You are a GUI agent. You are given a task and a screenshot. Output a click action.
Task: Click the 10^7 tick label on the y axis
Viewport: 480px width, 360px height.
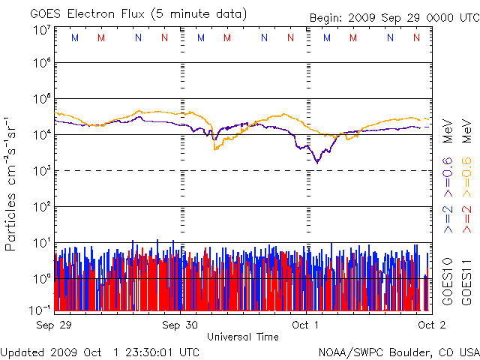[40, 31]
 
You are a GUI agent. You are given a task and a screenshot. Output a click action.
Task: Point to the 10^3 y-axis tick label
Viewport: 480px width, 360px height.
[40, 171]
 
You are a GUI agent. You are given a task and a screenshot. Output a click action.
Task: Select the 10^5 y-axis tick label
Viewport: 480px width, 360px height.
[40, 100]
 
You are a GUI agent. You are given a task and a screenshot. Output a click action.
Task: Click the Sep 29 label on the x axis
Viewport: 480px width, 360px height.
[54, 325]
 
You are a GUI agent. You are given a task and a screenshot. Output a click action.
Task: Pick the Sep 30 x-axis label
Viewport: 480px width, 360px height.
[181, 325]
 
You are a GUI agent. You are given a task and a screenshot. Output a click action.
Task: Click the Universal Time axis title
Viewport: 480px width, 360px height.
[243, 337]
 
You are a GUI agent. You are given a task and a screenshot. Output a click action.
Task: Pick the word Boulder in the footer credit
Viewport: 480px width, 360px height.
[406, 351]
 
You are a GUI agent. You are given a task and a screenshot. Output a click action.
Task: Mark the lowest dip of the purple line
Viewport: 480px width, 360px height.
[316, 162]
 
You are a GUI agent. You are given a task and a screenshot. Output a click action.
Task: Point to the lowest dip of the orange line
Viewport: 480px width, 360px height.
[215, 149]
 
